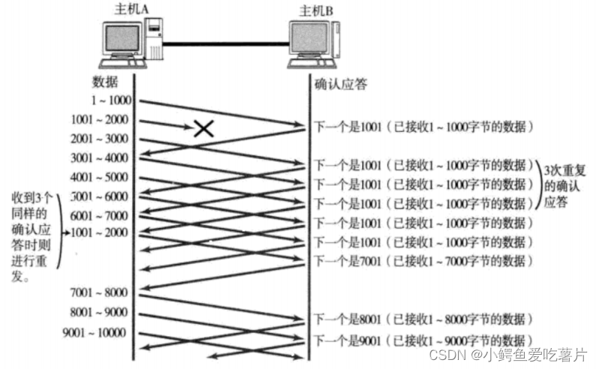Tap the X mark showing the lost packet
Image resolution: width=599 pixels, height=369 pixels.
point(203,128)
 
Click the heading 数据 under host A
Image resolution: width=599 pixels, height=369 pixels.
point(105,81)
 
